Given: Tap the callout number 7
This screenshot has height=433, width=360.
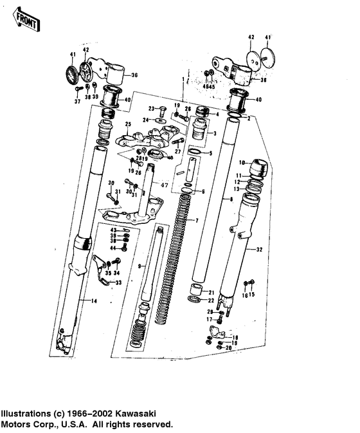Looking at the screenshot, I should [197, 221].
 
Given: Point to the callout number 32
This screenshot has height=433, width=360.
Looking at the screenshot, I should [260, 249].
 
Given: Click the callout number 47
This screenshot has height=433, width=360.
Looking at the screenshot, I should [164, 185].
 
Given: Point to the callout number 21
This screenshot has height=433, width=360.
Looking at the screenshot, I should [212, 292].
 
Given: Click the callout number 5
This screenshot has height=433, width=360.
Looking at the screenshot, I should [209, 152].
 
